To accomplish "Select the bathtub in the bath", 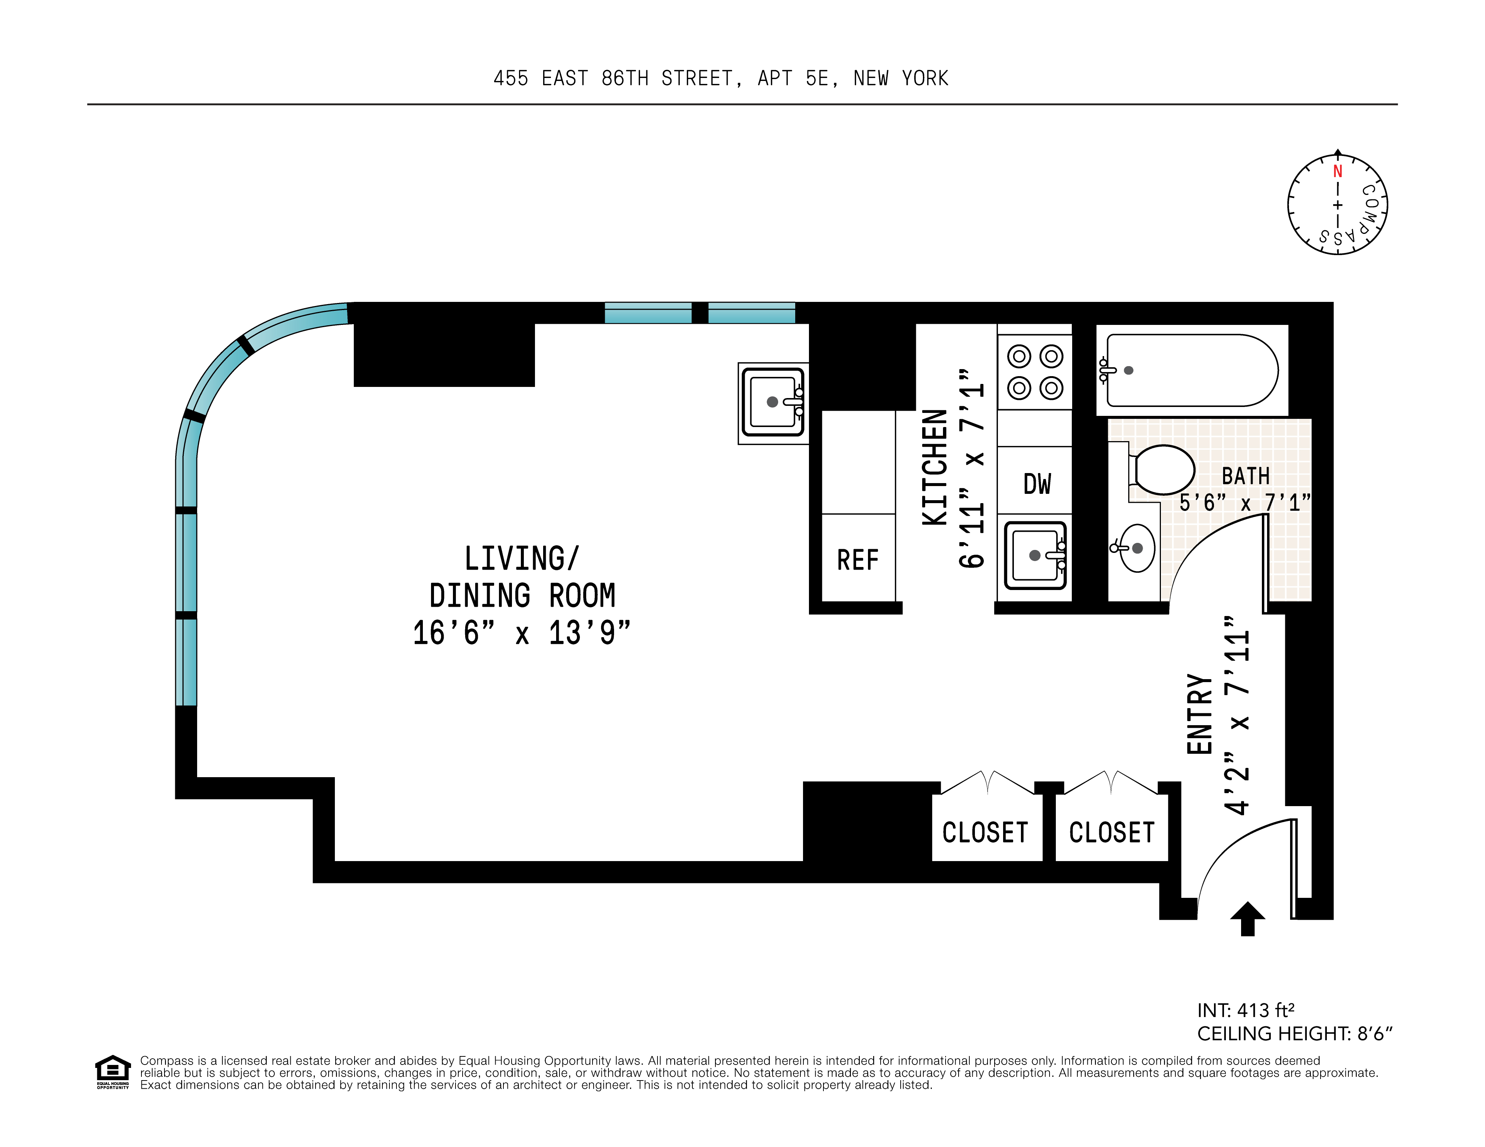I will pos(1191,371).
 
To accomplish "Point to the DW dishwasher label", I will pos(1037,484).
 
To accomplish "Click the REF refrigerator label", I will pos(858,560).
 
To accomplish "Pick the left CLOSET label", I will pos(985,832).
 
